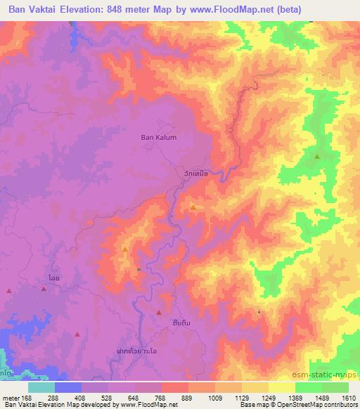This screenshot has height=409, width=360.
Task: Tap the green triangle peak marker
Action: (x=317, y=156)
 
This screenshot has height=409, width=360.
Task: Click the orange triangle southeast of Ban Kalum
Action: (x=193, y=207)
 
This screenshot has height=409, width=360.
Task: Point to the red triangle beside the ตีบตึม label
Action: (x=159, y=312)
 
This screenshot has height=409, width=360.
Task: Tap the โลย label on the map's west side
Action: (x=53, y=278)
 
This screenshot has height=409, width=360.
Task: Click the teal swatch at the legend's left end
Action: (x=41, y=387)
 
